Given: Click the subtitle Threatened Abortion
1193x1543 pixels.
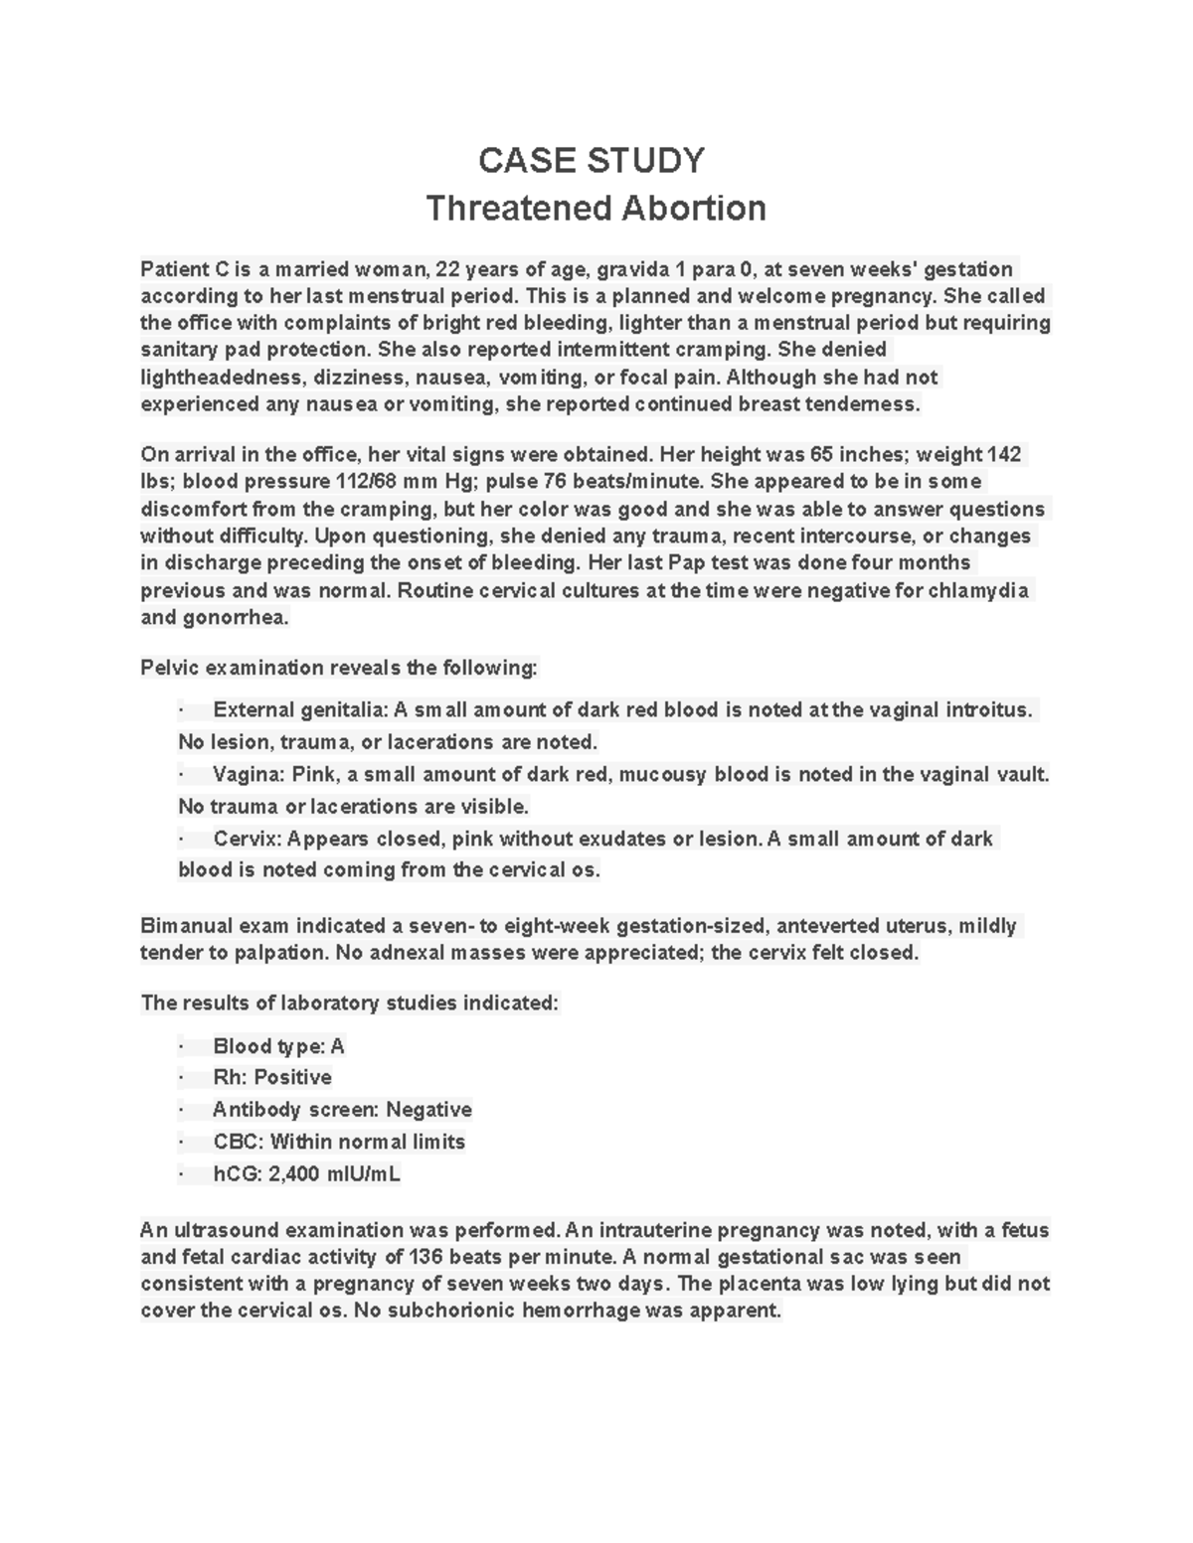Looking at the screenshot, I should [x=596, y=209].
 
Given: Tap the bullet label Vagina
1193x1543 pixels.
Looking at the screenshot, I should [x=248, y=775].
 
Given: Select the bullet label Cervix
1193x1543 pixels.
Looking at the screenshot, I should [x=248, y=840].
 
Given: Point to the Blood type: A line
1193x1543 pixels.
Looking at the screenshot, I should [x=278, y=1046].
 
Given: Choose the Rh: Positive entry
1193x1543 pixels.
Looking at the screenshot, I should [x=271, y=1078].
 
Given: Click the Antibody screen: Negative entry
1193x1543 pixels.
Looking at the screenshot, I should [x=342, y=1110].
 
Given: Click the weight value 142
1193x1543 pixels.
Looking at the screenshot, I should [x=1004, y=455].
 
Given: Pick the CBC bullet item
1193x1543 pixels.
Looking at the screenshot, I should [x=338, y=1143].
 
